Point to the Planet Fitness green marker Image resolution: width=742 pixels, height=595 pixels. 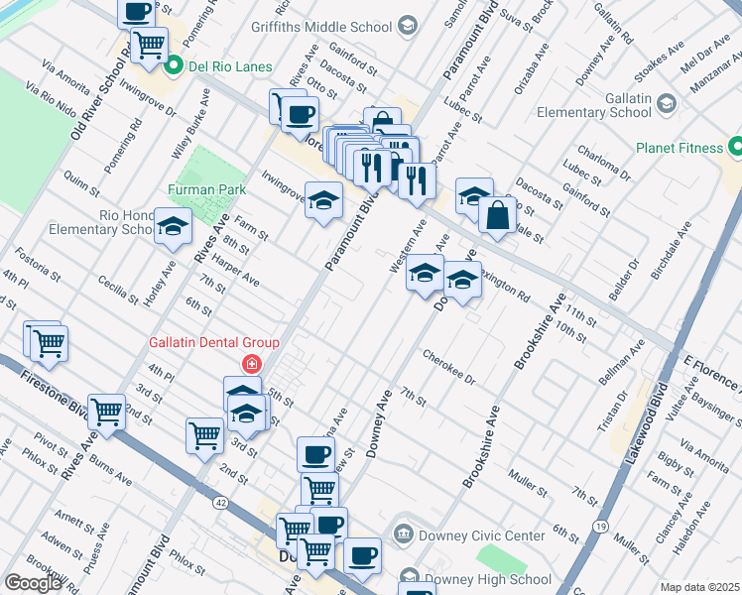(735, 148)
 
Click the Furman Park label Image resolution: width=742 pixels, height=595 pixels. (206, 188)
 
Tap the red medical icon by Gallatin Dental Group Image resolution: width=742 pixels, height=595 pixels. (252, 364)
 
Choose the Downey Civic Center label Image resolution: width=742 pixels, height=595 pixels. (483, 535)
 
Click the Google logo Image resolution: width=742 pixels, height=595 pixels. (33, 582)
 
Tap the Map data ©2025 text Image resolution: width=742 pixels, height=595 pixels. (699, 587)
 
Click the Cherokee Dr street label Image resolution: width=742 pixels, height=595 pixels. (449, 367)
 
